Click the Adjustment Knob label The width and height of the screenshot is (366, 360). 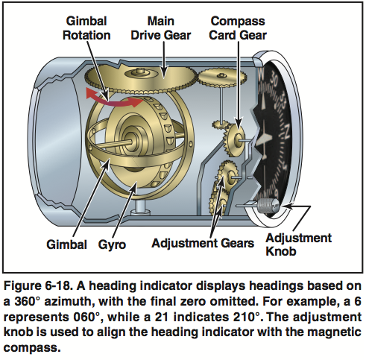pyautogui.click(x=298, y=245)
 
